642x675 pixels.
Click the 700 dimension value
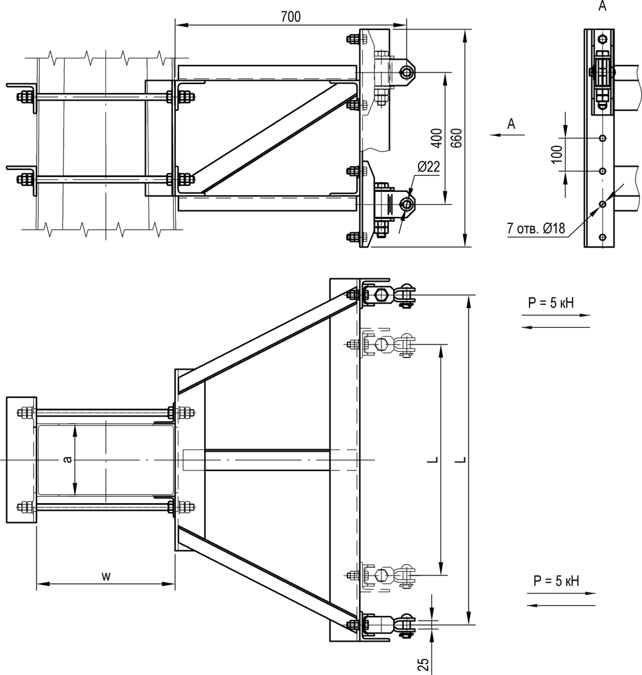pyautogui.click(x=291, y=17)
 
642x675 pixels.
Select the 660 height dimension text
pyautogui.click(x=457, y=138)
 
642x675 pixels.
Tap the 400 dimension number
pyautogui.click(x=437, y=138)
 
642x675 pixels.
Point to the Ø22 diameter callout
pyautogui.click(x=428, y=166)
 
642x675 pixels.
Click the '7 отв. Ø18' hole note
pyautogui.click(x=535, y=228)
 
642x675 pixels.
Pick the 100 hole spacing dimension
pyautogui.click(x=557, y=154)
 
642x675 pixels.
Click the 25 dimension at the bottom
pyautogui.click(x=424, y=664)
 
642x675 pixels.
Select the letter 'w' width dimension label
pyautogui.click(x=106, y=576)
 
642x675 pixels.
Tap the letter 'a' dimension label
pyautogui.click(x=67, y=460)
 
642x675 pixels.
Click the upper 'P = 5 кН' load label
pyautogui.click(x=551, y=303)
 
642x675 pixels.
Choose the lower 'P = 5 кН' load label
pyautogui.click(x=556, y=581)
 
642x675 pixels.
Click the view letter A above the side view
pyautogui.click(x=602, y=6)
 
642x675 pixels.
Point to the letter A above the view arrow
pyautogui.click(x=511, y=124)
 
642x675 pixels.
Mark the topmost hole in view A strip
pyautogui.click(x=602, y=40)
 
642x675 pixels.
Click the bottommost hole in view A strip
pyautogui.click(x=602, y=237)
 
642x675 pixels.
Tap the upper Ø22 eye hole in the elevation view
pyautogui.click(x=405, y=72)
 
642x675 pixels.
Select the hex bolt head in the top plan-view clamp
pyautogui.click(x=381, y=295)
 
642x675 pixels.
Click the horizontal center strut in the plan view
pyautogui.click(x=267, y=460)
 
